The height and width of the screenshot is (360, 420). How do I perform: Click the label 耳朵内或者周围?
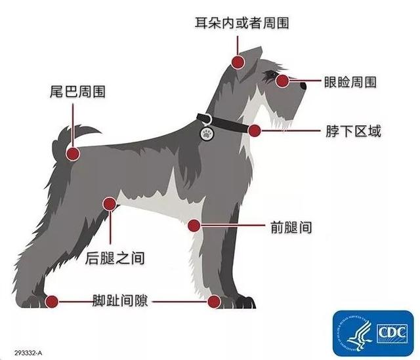[242, 23]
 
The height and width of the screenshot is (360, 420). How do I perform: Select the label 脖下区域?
[353, 130]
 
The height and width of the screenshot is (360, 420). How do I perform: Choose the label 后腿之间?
[115, 258]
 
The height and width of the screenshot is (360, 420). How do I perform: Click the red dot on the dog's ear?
[237, 62]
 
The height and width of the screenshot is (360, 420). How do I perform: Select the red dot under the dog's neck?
[255, 130]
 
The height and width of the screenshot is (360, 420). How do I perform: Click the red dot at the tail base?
[73, 154]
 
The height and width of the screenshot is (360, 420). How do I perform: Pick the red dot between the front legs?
[194, 226]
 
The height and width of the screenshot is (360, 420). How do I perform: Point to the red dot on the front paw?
[214, 302]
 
